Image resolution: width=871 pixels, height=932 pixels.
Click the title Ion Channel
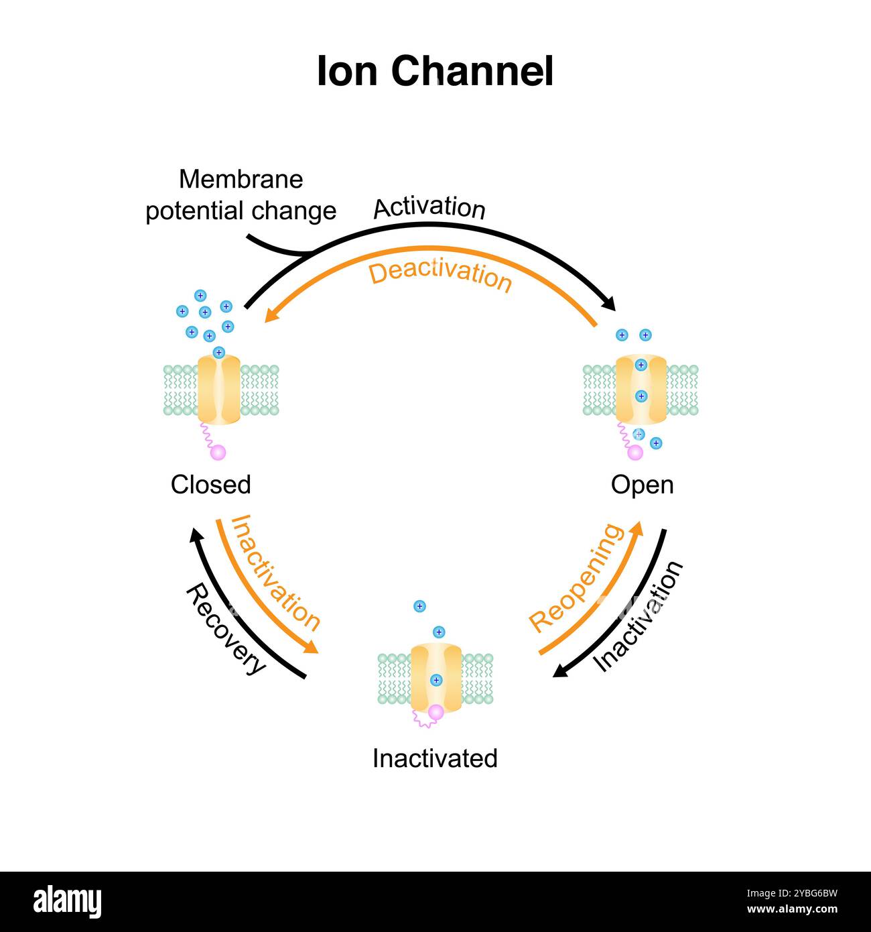[x=435, y=72]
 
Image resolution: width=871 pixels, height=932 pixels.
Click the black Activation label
[x=429, y=208]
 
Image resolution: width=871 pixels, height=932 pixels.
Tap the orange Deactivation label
[x=440, y=276]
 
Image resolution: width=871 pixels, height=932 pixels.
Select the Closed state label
[x=210, y=485]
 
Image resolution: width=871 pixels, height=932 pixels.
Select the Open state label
[x=642, y=485]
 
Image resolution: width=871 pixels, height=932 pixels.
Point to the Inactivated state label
[x=435, y=758]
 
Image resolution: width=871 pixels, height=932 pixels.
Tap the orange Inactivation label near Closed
[x=275, y=573]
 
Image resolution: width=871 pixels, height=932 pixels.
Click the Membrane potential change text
[x=241, y=195]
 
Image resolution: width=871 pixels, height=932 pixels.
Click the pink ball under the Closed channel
[x=218, y=453]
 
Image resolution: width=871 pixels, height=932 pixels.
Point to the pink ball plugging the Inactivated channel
[x=436, y=712]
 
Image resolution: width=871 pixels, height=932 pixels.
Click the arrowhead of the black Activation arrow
[x=609, y=305]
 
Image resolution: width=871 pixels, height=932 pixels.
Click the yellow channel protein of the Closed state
[x=218, y=390]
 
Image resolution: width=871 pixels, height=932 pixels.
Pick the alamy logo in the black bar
[x=67, y=902]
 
